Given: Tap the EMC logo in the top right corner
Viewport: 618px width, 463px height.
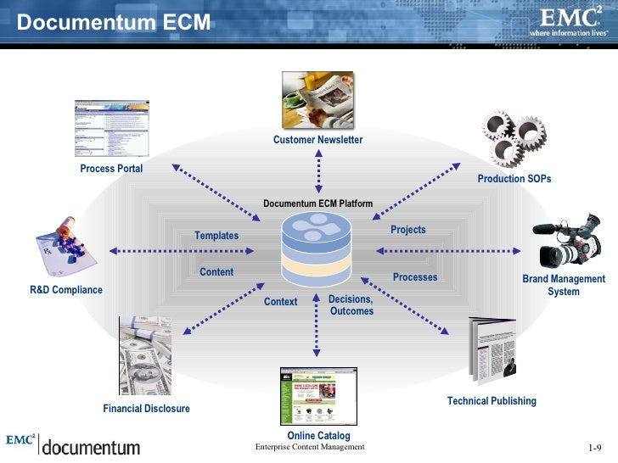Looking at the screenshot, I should (x=568, y=21).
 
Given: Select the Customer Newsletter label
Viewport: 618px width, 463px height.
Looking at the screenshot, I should (x=317, y=140).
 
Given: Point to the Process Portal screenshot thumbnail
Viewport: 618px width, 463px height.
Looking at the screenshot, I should (x=111, y=128).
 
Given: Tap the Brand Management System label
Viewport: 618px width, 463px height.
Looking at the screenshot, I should (x=564, y=285).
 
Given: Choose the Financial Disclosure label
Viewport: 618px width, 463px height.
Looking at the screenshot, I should (x=146, y=409).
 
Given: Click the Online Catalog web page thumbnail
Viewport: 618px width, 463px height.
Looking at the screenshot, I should (x=318, y=396).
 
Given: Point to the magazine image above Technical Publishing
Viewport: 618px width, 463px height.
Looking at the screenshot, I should (x=493, y=350).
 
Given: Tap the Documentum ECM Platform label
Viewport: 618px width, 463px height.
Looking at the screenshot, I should (x=317, y=204).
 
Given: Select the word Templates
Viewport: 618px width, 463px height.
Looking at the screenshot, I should (x=216, y=236).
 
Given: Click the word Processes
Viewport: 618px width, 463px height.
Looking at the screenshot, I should (x=415, y=277).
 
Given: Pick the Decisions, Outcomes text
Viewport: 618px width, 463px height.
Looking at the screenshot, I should (x=351, y=305).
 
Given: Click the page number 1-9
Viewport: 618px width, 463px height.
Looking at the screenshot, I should (x=594, y=448).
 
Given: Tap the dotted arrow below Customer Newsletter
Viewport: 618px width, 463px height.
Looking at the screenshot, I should (x=317, y=172).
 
